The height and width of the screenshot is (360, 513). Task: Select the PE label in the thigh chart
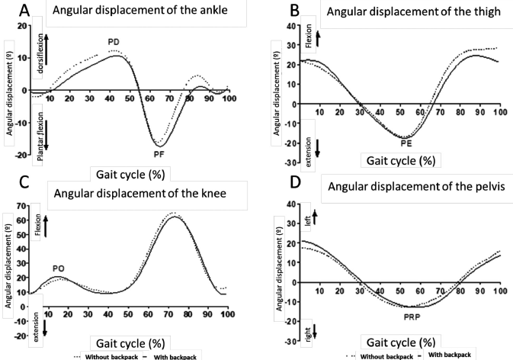(407, 143)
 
